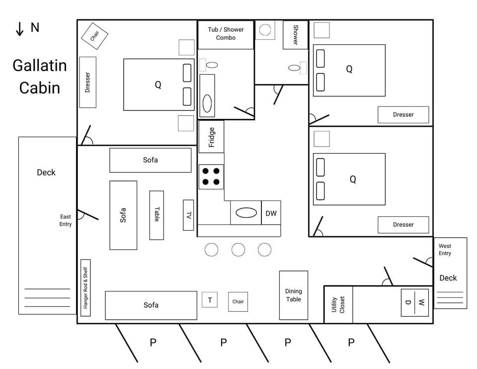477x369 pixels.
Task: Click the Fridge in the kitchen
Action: [211, 137]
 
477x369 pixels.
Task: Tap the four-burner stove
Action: [211, 176]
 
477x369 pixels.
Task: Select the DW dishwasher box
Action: [271, 213]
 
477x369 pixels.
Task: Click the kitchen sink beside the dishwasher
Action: [246, 213]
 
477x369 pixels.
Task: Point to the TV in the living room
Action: [188, 215]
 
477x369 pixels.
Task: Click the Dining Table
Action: [293, 295]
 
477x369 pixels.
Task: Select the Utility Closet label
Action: [338, 305]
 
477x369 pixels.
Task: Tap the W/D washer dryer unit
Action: [414, 302]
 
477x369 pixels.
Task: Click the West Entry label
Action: [445, 250]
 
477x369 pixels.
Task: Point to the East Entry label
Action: [66, 220]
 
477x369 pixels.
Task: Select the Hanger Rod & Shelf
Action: [85, 287]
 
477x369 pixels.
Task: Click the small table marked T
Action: [210, 300]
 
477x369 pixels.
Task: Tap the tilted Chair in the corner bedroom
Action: [94, 36]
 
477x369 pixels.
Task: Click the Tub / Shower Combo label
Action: [226, 33]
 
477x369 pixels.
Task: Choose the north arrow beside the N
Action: [20, 29]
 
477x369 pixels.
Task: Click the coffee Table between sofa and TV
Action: [157, 215]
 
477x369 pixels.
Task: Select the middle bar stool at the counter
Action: [238, 250]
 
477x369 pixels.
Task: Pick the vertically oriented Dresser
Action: [87, 82]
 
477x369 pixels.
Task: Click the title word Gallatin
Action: [40, 65]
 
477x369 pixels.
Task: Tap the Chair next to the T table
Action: [238, 301]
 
